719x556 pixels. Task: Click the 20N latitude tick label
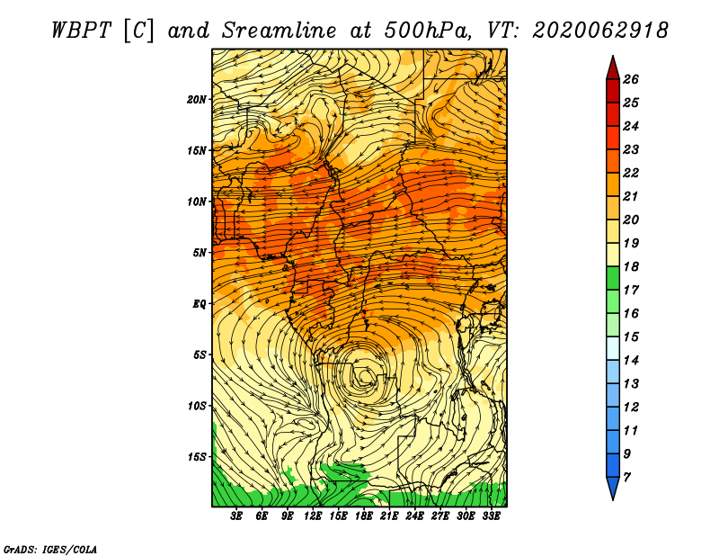pyautogui.click(x=197, y=99)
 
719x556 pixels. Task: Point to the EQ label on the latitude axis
pyautogui.click(x=200, y=304)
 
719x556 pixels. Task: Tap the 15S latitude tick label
pyautogui.click(x=197, y=457)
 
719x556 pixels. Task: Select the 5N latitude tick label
pyautogui.click(x=200, y=253)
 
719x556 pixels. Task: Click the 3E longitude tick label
pyautogui.click(x=236, y=516)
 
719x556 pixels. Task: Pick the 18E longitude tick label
pyautogui.click(x=364, y=516)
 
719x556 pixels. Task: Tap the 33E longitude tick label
pyautogui.click(x=491, y=516)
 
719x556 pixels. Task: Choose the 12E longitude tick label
pyautogui.click(x=313, y=516)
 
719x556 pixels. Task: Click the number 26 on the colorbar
pyautogui.click(x=631, y=79)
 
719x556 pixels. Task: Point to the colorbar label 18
pyautogui.click(x=631, y=266)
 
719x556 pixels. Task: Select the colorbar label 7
pyautogui.click(x=626, y=478)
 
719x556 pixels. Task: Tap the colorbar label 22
pyautogui.click(x=631, y=173)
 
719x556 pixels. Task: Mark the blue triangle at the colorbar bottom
pyautogui.click(x=613, y=487)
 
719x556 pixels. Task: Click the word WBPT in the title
pyautogui.click(x=82, y=31)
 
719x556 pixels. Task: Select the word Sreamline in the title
pyautogui.click(x=280, y=31)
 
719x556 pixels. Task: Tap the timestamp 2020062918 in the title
pyautogui.click(x=600, y=31)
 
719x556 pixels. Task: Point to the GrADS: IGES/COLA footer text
pyautogui.click(x=50, y=550)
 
